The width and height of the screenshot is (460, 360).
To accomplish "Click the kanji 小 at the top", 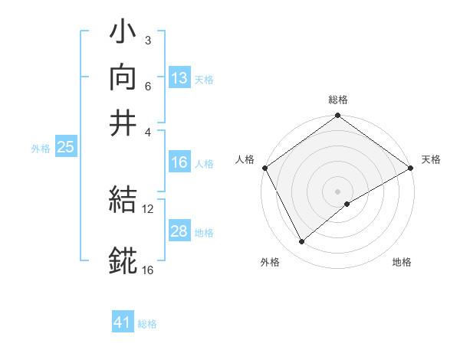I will (123, 34).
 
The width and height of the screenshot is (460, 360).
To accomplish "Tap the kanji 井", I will (123, 123).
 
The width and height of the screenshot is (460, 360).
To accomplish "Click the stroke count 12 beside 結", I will (148, 209).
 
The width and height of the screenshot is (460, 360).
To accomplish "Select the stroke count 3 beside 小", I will (148, 40).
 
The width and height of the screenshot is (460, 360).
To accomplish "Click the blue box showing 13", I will (179, 78).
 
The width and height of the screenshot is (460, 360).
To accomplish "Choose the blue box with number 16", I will (179, 162).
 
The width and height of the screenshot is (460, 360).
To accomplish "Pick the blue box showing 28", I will (179, 231).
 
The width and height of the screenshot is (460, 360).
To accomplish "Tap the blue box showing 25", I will (65, 148).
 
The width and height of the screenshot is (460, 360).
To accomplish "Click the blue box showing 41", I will (123, 322).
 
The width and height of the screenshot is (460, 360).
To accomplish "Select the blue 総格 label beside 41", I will (147, 324).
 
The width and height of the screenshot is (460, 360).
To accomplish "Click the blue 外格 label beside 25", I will (41, 149).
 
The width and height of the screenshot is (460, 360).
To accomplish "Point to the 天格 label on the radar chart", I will (431, 159).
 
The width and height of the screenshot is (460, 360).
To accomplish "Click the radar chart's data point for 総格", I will (337, 116).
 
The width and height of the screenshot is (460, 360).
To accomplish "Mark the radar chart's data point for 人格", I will (265, 168).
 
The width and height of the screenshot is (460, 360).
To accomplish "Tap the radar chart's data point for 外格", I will (301, 242).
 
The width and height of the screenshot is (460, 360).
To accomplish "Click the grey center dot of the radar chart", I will (337, 191).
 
